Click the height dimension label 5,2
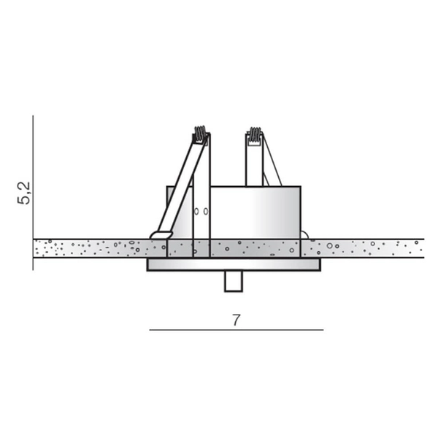[24, 193]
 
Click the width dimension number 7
[237, 320]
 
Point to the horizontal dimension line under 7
[237, 330]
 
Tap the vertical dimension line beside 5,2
[33, 193]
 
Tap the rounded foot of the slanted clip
[161, 235]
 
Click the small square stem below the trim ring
[234, 281]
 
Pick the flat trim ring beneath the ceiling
[234, 264]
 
